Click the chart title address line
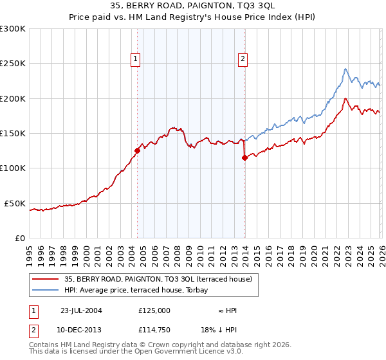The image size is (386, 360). [193, 6]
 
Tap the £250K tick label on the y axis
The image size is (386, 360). [13, 64]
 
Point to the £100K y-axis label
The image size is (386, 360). [13, 168]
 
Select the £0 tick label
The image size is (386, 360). [19, 238]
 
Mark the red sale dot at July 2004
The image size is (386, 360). [137, 151]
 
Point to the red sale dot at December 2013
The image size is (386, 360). [244, 157]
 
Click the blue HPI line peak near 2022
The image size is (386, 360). [345, 69]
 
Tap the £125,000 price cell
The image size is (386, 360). [154, 310]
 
